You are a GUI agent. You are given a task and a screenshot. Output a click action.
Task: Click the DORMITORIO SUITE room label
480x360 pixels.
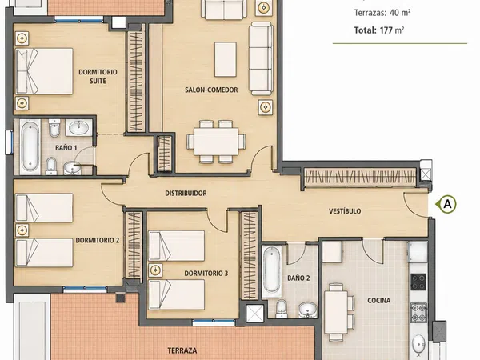tap(98, 77)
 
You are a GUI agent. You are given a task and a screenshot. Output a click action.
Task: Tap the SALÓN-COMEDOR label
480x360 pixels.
tap(211, 90)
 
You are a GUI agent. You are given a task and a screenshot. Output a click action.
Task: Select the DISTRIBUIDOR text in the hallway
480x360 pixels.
tap(186, 193)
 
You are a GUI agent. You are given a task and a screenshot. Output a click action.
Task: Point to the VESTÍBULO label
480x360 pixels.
tap(345, 211)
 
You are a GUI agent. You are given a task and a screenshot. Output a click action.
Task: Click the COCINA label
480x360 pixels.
tap(378, 300)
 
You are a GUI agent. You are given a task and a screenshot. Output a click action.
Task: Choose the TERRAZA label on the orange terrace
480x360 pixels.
tap(182, 350)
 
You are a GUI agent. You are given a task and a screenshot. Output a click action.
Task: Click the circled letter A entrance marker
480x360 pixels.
tap(447, 204)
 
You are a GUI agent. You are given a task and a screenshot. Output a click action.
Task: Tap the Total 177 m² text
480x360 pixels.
tap(379, 30)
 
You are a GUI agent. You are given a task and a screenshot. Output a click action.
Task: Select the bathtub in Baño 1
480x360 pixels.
tap(30, 147)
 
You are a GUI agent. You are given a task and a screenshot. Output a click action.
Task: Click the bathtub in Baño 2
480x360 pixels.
tap(271, 271)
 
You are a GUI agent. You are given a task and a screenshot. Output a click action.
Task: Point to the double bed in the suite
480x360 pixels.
tap(44, 71)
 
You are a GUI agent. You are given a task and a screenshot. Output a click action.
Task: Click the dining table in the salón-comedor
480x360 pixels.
tap(216, 142)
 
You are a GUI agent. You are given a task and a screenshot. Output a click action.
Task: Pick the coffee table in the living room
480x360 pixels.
tap(226, 59)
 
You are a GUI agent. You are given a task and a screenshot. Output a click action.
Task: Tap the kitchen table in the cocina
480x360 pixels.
tap(336, 312)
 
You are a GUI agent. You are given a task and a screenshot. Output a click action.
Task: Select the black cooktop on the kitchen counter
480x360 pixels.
tap(418, 282)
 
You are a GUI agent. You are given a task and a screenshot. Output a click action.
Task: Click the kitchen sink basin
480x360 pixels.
tap(418, 344)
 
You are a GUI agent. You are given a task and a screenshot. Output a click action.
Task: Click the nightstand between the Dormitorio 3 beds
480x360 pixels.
tap(156, 270)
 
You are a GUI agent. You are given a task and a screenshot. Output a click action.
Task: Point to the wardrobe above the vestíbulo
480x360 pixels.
tap(360, 177)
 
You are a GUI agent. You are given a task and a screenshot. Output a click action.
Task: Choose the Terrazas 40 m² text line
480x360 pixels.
tap(382, 13)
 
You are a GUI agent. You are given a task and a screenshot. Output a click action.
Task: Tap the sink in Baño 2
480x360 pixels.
tap(307, 310)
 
